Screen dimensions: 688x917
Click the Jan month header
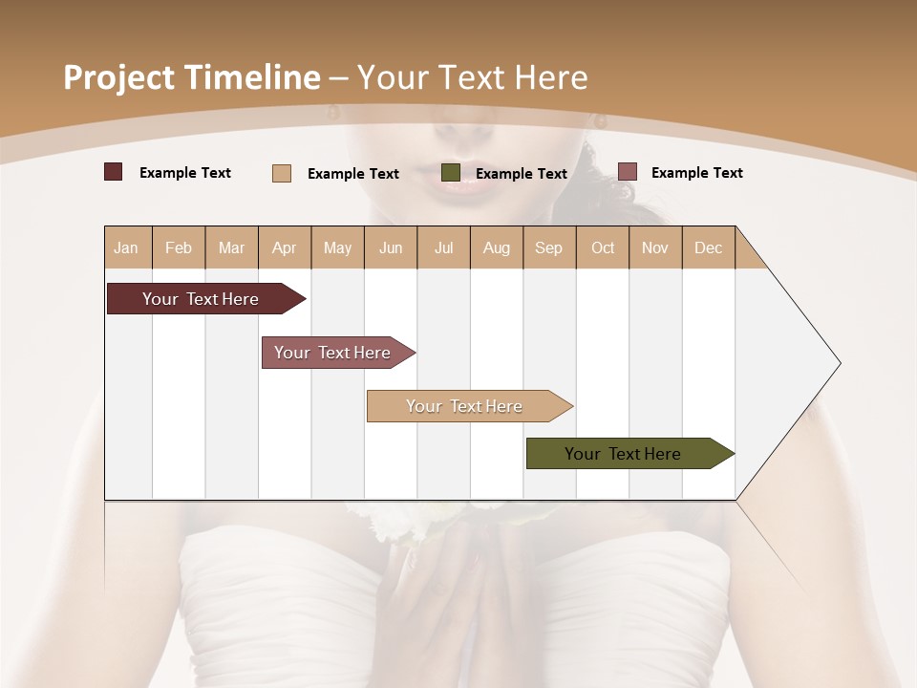126,248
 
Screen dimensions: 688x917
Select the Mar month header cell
231,248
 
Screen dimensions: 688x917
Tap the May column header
337,248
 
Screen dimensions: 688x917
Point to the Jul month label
443,248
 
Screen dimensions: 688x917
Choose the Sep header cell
548,248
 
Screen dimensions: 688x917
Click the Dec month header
708,248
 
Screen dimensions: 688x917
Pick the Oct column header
603,248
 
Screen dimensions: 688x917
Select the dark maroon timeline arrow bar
201,299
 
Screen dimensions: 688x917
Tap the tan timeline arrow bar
464,406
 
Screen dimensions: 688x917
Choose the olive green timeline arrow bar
623,454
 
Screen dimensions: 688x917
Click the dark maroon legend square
113,172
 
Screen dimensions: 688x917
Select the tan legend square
282,173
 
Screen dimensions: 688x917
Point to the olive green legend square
451,173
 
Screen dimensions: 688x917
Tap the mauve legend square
628,172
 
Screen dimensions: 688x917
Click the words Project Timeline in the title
191,77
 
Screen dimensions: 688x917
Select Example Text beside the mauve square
696,173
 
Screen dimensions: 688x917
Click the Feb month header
179,248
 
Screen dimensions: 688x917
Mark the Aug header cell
496,248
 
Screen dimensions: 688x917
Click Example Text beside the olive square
521,174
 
